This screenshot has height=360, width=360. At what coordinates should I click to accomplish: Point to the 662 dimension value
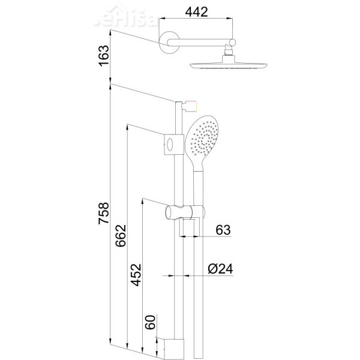click(x=121, y=238)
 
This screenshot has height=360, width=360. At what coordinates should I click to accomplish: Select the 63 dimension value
click(x=223, y=230)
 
